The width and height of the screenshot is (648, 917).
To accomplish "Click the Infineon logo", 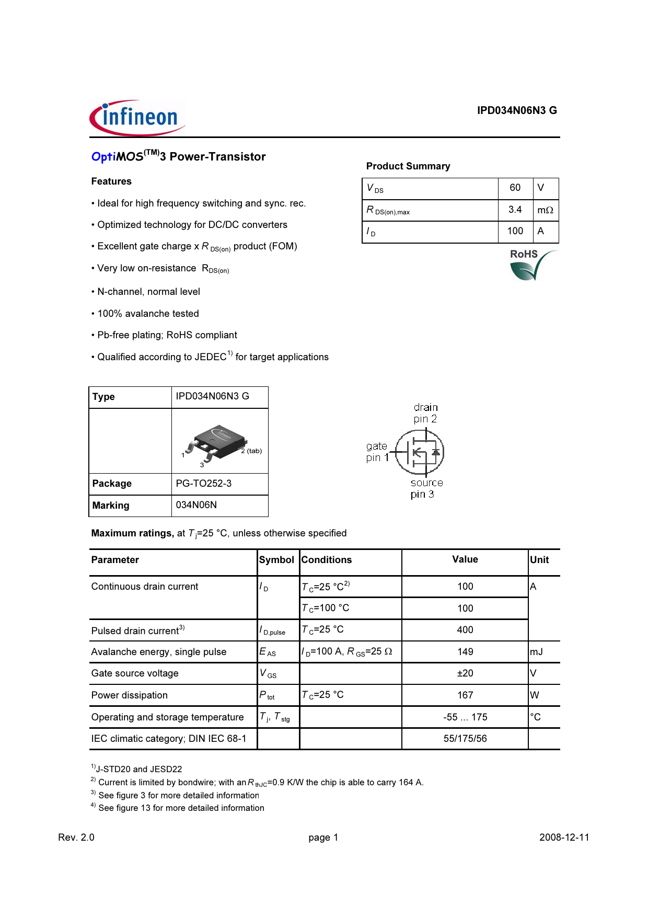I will (x=137, y=118).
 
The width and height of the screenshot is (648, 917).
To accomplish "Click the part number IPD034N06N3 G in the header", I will (x=516, y=110).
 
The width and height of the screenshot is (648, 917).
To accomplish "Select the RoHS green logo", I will (x=531, y=265).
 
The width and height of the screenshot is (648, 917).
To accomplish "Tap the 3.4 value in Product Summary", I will (x=515, y=210).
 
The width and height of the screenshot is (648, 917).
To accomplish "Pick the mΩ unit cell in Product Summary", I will (x=545, y=210).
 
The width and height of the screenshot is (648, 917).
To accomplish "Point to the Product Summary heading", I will (x=408, y=166).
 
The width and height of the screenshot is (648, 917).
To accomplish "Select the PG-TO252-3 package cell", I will (x=204, y=484).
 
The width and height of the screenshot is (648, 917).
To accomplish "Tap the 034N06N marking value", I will (x=196, y=505).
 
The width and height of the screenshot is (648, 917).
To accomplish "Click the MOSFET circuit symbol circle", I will (x=420, y=453).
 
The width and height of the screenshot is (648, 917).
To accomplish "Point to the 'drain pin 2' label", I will (x=425, y=413).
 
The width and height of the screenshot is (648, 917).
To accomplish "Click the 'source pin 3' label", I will (x=426, y=488).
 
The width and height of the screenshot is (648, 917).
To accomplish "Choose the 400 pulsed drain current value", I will (x=465, y=630).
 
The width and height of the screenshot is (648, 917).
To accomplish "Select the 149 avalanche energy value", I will (x=465, y=652).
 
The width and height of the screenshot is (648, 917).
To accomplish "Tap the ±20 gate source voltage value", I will (x=465, y=673).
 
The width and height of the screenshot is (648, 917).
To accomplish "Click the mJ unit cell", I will (x=537, y=652).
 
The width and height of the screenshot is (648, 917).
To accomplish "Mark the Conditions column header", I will (x=327, y=560).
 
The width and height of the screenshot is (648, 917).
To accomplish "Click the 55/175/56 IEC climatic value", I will (x=465, y=739).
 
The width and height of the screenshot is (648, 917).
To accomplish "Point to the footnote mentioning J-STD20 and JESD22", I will (x=137, y=769).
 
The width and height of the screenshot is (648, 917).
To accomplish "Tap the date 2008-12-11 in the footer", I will (x=564, y=838).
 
